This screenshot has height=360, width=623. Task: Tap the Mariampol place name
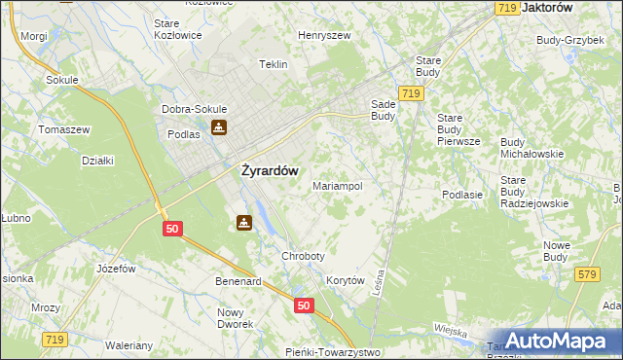coord(337,185)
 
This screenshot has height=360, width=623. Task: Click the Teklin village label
coord(274,64)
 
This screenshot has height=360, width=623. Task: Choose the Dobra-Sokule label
coord(196,109)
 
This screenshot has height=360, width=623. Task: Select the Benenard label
coord(238,282)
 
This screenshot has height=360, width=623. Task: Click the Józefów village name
coord(114,268)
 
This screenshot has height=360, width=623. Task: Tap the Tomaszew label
coord(63,129)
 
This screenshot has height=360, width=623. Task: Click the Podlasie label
coord(462,195)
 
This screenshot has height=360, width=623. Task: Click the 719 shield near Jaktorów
coord(505,8)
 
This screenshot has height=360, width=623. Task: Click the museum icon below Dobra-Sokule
coord(220,127)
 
